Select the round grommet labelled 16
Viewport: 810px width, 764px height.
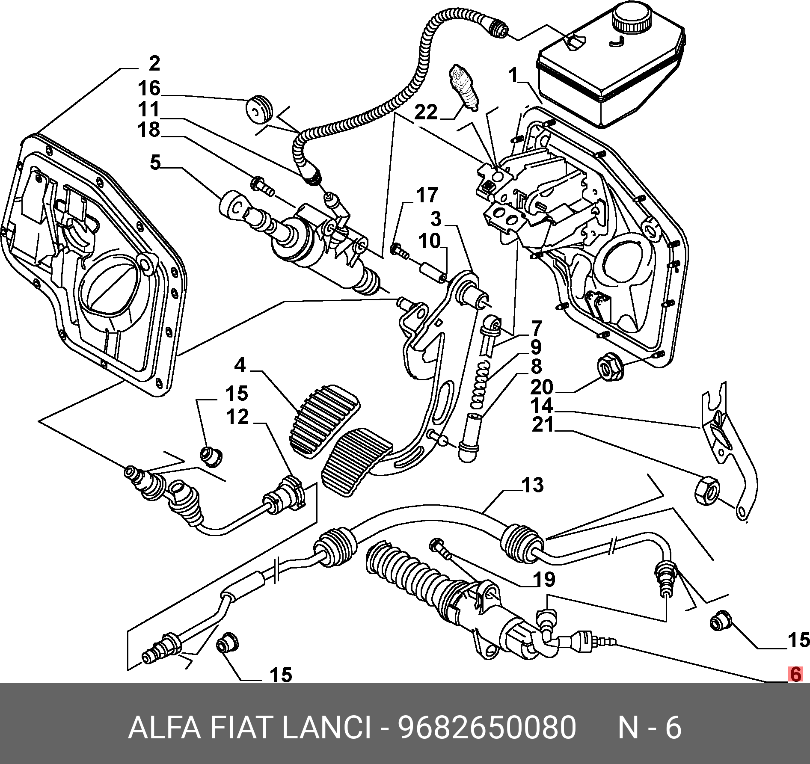pos(259,109)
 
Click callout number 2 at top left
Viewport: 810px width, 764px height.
pos(154,64)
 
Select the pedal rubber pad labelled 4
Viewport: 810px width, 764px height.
pos(324,420)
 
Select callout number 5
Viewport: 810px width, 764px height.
pos(155,163)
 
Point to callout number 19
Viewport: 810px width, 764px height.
pos(544,579)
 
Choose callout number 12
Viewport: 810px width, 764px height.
pos(237,416)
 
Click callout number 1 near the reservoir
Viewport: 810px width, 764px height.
pos(513,76)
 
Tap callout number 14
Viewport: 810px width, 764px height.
pos(542,406)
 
